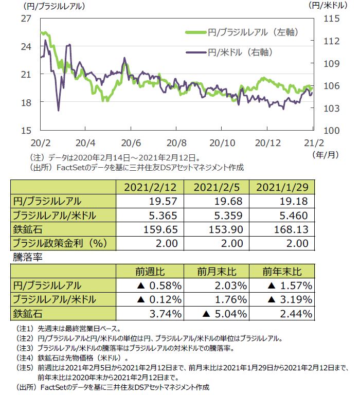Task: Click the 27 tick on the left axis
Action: point(25,19)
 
